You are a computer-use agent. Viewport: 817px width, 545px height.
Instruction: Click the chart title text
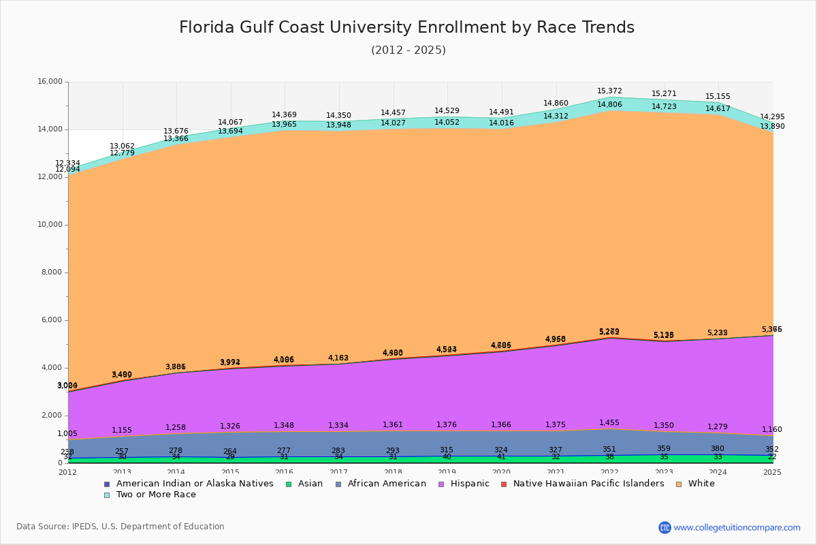pyautogui.click(x=406, y=27)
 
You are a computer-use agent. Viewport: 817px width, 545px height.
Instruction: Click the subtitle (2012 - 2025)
pyautogui.click(x=408, y=50)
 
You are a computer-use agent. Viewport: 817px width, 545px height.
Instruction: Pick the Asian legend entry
pyautogui.click(x=309, y=484)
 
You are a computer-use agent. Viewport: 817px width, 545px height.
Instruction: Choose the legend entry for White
pyautogui.click(x=701, y=484)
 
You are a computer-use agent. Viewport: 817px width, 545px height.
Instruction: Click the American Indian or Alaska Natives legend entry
pyautogui.click(x=195, y=484)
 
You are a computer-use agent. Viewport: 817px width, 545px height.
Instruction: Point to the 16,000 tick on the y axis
pyautogui.click(x=50, y=82)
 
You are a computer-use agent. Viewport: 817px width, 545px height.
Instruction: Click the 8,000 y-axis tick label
pyautogui.click(x=52, y=272)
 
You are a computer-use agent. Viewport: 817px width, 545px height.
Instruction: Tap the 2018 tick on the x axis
pyautogui.click(x=394, y=472)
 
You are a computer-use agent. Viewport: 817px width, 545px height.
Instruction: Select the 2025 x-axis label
pyautogui.click(x=772, y=472)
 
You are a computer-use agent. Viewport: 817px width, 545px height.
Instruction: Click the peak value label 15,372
pyautogui.click(x=609, y=91)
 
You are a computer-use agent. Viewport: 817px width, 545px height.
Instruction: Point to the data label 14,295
pyautogui.click(x=772, y=116)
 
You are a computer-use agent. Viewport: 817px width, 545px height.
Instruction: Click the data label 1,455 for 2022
pyautogui.click(x=609, y=422)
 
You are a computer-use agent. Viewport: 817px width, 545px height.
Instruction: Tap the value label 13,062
pyautogui.click(x=122, y=146)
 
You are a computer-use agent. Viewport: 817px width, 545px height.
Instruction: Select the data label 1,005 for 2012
pyautogui.click(x=67, y=433)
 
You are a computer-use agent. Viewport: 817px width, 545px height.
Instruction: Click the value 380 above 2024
pyautogui.click(x=718, y=448)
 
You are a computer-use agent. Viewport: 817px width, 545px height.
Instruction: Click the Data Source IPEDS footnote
pyautogui.click(x=121, y=527)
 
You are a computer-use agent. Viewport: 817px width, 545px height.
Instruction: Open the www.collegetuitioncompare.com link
pyautogui.click(x=737, y=527)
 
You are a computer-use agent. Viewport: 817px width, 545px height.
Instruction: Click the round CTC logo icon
pyautogui.click(x=664, y=527)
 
